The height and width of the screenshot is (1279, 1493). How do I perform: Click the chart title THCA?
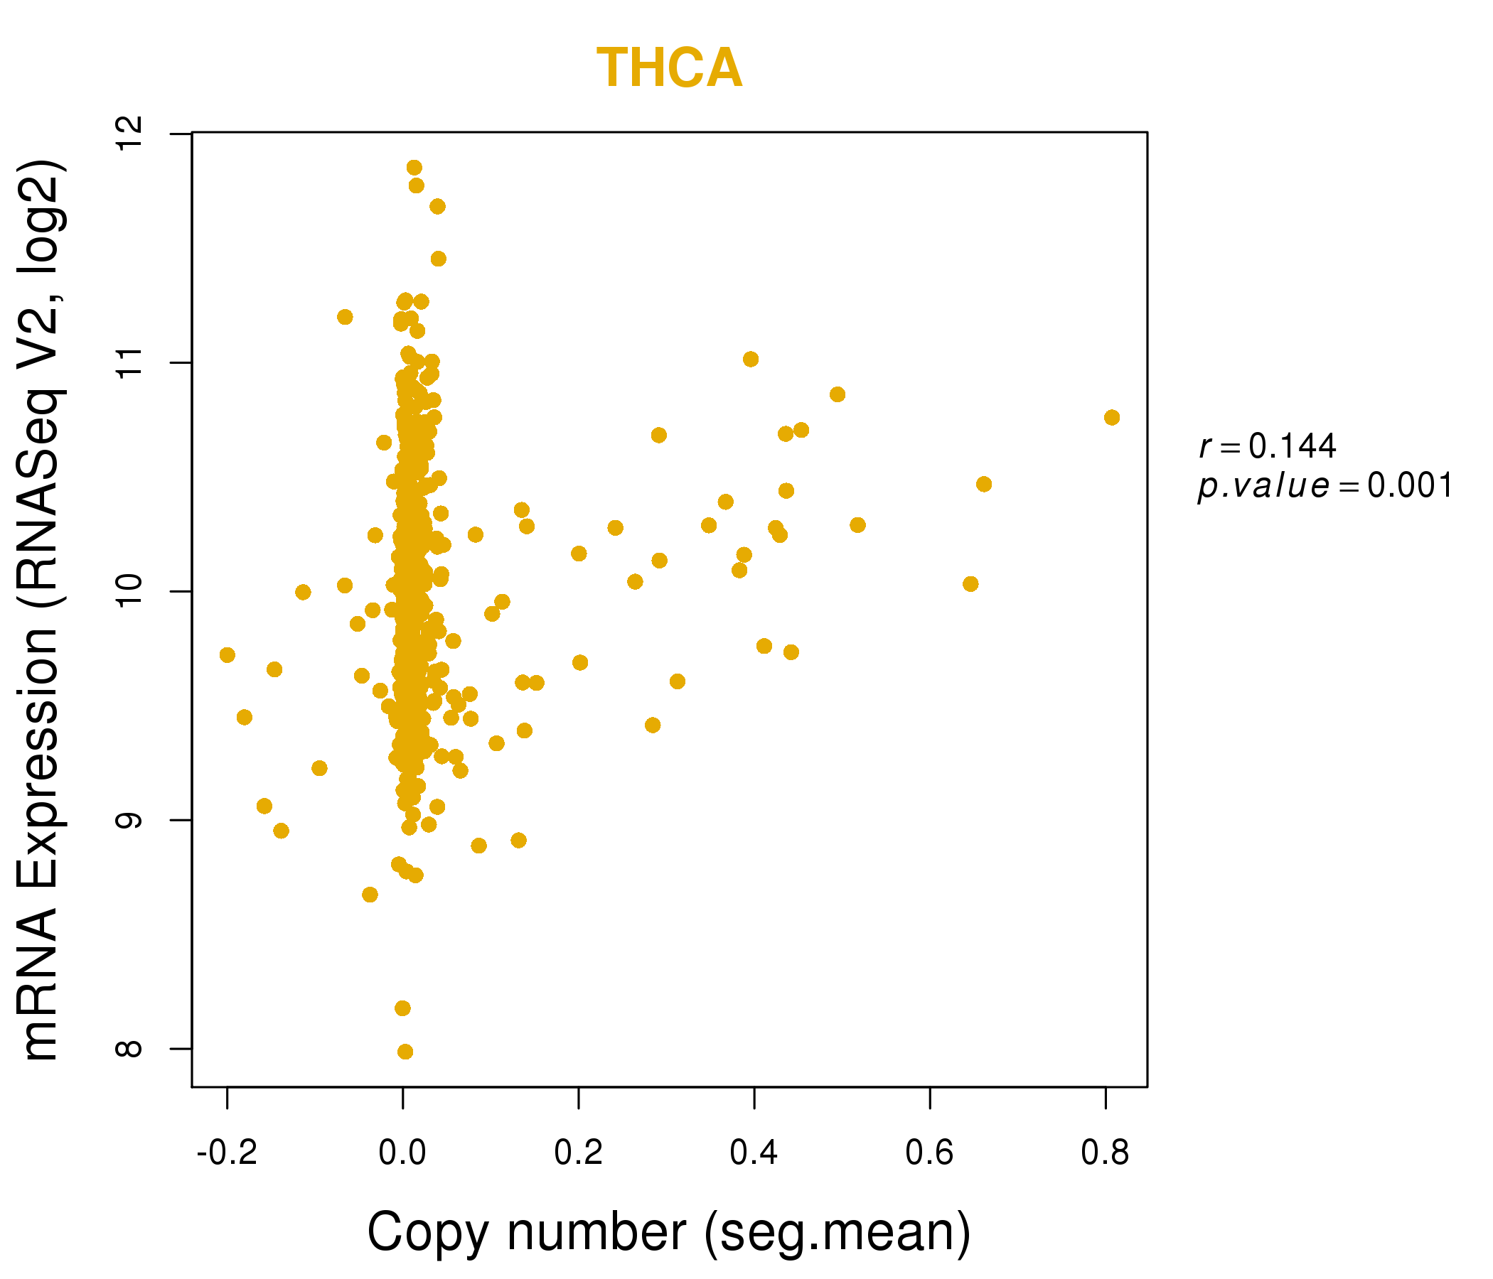669,68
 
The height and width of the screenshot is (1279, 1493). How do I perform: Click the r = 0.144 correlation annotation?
1268,446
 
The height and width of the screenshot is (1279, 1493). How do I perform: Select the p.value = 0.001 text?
1325,486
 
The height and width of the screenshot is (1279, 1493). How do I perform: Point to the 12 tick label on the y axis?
129,134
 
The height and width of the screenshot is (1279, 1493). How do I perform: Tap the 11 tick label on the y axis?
129,362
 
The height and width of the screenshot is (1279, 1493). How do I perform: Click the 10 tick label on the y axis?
129,591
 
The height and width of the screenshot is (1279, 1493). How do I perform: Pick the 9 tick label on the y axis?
129,820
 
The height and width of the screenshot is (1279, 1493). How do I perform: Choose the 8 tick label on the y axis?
129,1049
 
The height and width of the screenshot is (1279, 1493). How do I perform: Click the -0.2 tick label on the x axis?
227,1153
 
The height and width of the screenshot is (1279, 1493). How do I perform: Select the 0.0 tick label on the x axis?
403,1153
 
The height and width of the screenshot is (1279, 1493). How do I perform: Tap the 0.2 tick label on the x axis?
579,1153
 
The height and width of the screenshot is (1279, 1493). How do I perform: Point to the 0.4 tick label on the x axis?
754,1153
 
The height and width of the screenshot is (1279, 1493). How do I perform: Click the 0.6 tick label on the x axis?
929,1153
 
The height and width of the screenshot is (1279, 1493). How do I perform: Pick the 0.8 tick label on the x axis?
1106,1153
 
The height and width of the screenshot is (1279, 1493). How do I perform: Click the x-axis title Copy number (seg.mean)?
669,1232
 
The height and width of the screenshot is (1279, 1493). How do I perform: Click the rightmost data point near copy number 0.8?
1112,418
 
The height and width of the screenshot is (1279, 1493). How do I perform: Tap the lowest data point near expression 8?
405,1052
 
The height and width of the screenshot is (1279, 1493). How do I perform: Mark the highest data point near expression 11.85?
414,168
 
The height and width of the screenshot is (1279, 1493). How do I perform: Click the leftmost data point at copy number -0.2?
227,654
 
